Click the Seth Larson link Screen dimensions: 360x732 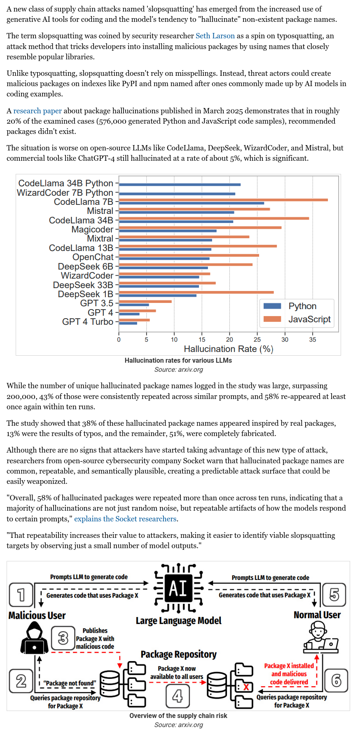pos(215,36)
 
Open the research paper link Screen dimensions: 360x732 pos(37,111)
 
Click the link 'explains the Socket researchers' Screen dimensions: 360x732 pos(125,519)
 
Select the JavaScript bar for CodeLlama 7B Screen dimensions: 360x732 pos(223,200)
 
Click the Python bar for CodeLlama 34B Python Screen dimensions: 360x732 pos(180,185)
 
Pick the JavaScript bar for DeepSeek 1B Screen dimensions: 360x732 pos(196,292)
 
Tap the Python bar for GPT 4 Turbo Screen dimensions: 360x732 pos(128,323)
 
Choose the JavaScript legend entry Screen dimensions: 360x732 pos(297,319)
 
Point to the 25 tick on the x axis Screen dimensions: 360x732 pos(257,340)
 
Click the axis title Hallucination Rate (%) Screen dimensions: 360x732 pos(229,349)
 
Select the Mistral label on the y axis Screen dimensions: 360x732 pos(100,211)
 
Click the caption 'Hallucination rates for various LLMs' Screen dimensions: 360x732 pos(178,361)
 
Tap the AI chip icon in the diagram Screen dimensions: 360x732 pos(178,588)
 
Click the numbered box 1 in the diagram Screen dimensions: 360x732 pos(21,594)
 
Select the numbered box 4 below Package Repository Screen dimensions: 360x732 pos(178,696)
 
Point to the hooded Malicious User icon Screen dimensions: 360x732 pos(35,638)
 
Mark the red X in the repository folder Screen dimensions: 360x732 pos(246,687)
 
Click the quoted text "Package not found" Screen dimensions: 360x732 pos(70,683)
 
